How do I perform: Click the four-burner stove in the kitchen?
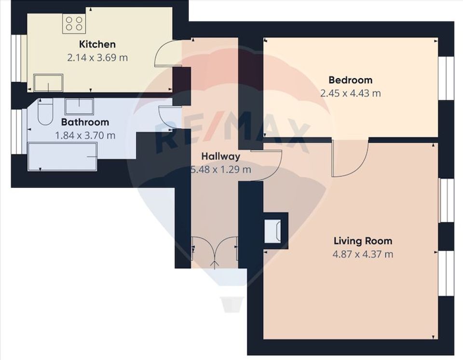coord(74,24)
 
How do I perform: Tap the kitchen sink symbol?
coord(48,83)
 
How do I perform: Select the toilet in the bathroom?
coord(45,112)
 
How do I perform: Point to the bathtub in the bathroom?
coord(62,156)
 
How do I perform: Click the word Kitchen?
coord(97,44)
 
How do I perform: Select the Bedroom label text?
coord(350,80)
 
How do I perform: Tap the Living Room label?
coord(363,241)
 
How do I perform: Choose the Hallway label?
coord(220,156)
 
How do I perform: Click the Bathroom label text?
coord(85,122)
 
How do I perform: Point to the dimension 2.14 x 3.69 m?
coord(97,57)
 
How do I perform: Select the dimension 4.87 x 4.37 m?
coord(363,254)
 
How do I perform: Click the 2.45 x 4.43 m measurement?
coord(350,93)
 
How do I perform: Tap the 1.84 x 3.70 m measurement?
coord(85,135)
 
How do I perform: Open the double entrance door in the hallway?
coord(215,249)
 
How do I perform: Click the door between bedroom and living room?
coord(349,157)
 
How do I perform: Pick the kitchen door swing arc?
coord(164,54)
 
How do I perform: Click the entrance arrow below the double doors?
coord(215,263)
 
